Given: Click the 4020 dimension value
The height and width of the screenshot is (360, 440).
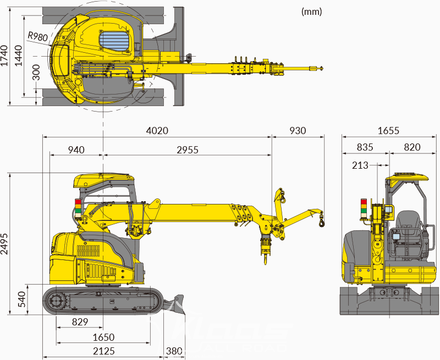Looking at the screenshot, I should (157, 131).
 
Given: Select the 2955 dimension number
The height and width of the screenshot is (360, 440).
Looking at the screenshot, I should (187, 149).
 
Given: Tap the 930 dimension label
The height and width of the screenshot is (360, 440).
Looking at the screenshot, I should (296, 131).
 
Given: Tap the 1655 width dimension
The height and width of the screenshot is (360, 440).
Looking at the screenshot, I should (388, 131).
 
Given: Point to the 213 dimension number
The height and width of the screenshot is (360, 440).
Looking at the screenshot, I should (361, 164).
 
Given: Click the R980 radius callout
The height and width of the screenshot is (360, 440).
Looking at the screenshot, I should (37, 36).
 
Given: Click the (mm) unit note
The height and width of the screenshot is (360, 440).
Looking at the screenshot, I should (312, 11).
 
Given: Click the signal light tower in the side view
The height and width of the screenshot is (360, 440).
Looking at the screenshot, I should (78, 208).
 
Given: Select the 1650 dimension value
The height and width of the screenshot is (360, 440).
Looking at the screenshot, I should (103, 337).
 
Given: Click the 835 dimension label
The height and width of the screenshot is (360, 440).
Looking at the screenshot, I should (365, 147).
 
